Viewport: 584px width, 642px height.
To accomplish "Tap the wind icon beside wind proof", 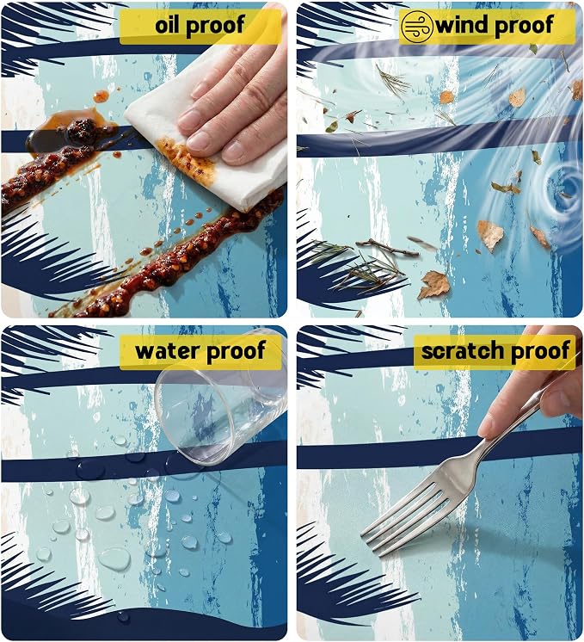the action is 417,26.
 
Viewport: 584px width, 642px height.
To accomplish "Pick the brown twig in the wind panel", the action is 387,247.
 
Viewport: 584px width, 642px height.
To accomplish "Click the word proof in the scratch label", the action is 540,352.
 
